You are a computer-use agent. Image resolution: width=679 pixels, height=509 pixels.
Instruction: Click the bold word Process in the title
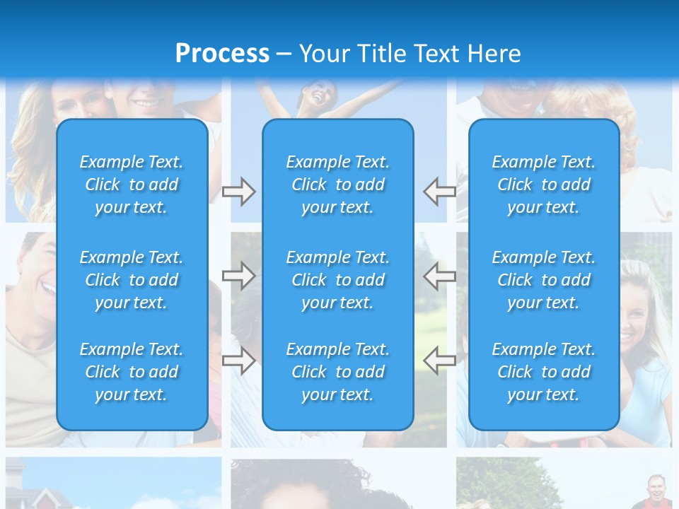[222, 54]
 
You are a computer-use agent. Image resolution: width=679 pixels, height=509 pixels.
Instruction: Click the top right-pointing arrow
[238, 192]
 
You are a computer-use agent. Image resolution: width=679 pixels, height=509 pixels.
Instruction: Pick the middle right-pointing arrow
[238, 276]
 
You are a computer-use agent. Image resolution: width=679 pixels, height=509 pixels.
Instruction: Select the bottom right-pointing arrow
[238, 361]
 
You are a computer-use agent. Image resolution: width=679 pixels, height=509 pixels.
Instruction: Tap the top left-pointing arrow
[440, 192]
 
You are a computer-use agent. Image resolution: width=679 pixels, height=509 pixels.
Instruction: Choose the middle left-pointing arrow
[440, 276]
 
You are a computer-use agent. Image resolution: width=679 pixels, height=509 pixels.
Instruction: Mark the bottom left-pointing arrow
[440, 361]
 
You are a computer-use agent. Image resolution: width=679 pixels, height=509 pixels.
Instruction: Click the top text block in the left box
[132, 185]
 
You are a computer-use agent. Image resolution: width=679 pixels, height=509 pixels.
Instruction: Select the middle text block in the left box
[132, 280]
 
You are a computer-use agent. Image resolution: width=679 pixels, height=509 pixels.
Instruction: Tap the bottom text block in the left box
[132, 372]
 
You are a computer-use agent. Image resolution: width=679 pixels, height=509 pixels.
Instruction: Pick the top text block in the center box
[338, 185]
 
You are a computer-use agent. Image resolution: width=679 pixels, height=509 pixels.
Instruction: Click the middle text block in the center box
[338, 280]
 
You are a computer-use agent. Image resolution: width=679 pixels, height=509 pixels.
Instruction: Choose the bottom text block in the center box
[338, 372]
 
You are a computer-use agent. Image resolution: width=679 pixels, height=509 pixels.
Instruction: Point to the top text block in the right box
[544, 185]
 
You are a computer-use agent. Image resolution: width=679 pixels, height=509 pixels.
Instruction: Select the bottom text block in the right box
[544, 372]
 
